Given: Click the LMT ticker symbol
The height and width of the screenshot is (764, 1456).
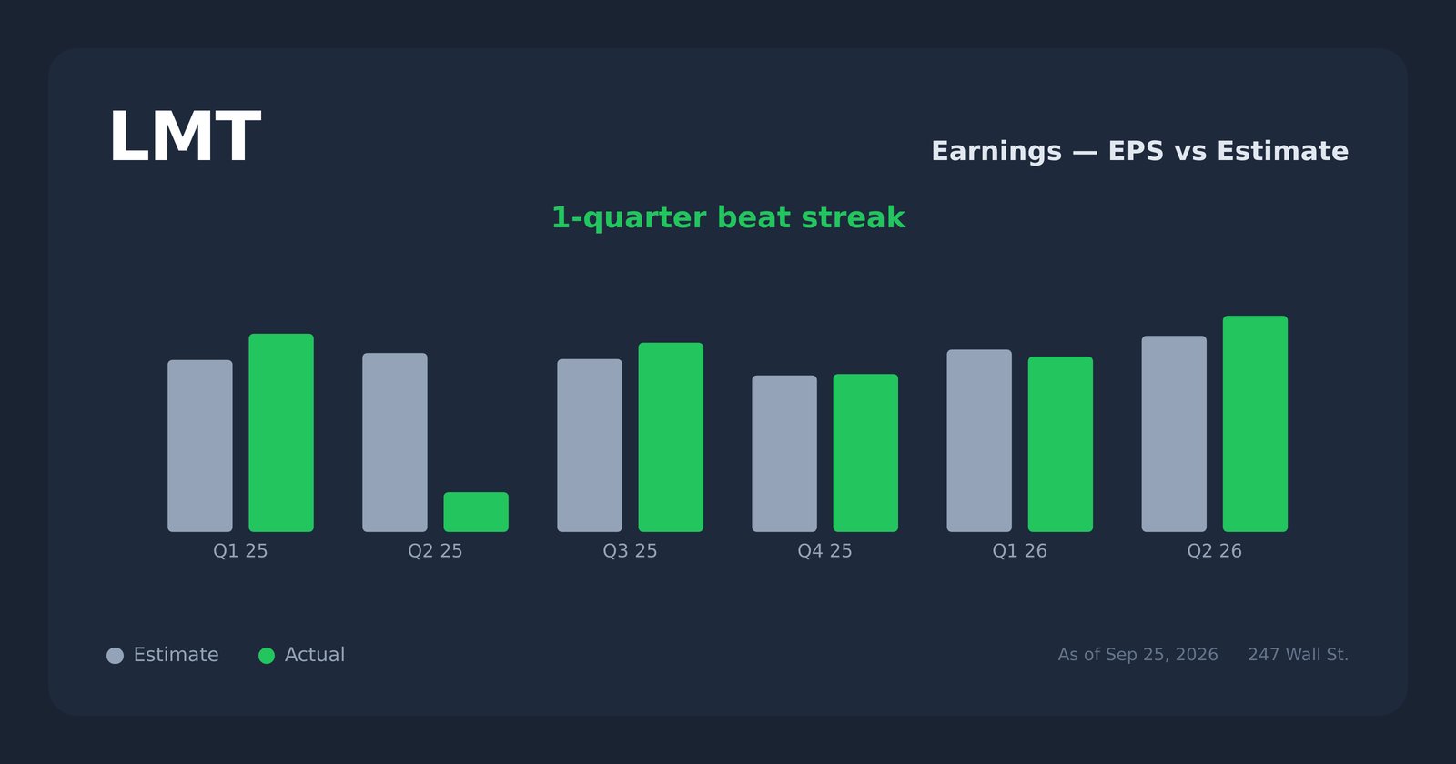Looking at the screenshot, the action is [x=186, y=137].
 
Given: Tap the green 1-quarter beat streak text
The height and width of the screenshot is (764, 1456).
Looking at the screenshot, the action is [x=728, y=217].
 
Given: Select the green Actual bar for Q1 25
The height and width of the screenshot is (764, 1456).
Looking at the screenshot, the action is [x=281, y=433].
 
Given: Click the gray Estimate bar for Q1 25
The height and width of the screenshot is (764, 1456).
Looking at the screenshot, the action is [x=200, y=446].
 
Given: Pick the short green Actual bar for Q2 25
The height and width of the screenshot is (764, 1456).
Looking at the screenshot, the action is [x=477, y=512].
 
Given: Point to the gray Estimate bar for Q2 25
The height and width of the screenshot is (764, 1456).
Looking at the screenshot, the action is [x=395, y=442].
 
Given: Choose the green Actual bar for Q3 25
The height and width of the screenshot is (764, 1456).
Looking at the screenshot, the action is [x=671, y=437].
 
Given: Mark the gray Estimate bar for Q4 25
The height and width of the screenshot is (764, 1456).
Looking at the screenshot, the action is [x=784, y=454].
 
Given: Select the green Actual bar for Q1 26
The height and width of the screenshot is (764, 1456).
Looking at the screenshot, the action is [x=1060, y=445].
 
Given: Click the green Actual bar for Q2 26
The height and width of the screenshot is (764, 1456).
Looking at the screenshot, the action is [x=1255, y=424].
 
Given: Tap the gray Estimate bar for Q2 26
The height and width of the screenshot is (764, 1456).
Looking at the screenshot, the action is [x=1174, y=434].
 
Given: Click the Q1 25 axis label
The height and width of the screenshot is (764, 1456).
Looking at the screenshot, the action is [x=240, y=551].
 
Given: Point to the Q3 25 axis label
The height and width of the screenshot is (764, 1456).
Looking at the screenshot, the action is [x=630, y=551].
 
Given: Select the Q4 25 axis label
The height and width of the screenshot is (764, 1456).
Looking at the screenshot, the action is [x=824, y=551].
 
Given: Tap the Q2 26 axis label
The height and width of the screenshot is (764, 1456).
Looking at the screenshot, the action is [x=1214, y=551].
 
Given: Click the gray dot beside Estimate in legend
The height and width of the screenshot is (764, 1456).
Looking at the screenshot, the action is [x=115, y=656].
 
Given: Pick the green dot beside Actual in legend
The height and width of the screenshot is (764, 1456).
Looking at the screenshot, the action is [x=267, y=656].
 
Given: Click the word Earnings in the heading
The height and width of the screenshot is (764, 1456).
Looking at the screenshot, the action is [x=996, y=152].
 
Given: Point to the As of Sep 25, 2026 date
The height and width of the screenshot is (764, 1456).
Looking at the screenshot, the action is [x=1137, y=655].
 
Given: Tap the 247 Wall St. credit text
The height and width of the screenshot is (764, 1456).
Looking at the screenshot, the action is [x=1298, y=655].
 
